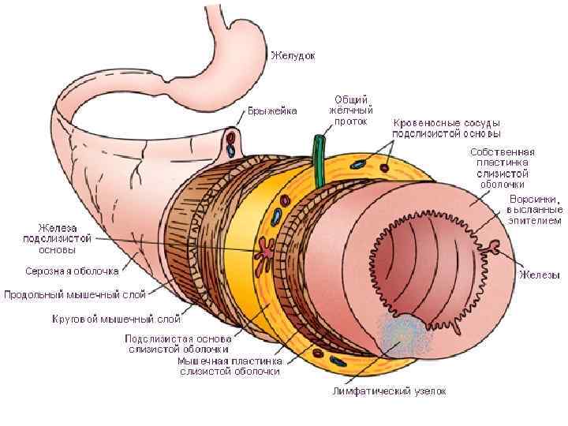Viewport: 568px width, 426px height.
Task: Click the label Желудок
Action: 293,56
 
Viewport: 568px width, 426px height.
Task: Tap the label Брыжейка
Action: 272,111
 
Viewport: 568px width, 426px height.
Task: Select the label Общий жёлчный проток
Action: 349,110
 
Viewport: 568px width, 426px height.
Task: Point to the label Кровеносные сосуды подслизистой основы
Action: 447,129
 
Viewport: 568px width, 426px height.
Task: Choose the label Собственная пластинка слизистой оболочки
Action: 503,167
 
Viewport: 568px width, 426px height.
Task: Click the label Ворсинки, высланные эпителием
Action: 536,210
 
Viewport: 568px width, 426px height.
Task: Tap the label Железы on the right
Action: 539,275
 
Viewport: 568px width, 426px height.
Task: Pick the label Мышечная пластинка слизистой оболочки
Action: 229,366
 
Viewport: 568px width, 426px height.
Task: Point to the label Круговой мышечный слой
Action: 116,319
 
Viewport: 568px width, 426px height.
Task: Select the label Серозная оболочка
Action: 71,271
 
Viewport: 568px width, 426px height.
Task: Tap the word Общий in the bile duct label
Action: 349,99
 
